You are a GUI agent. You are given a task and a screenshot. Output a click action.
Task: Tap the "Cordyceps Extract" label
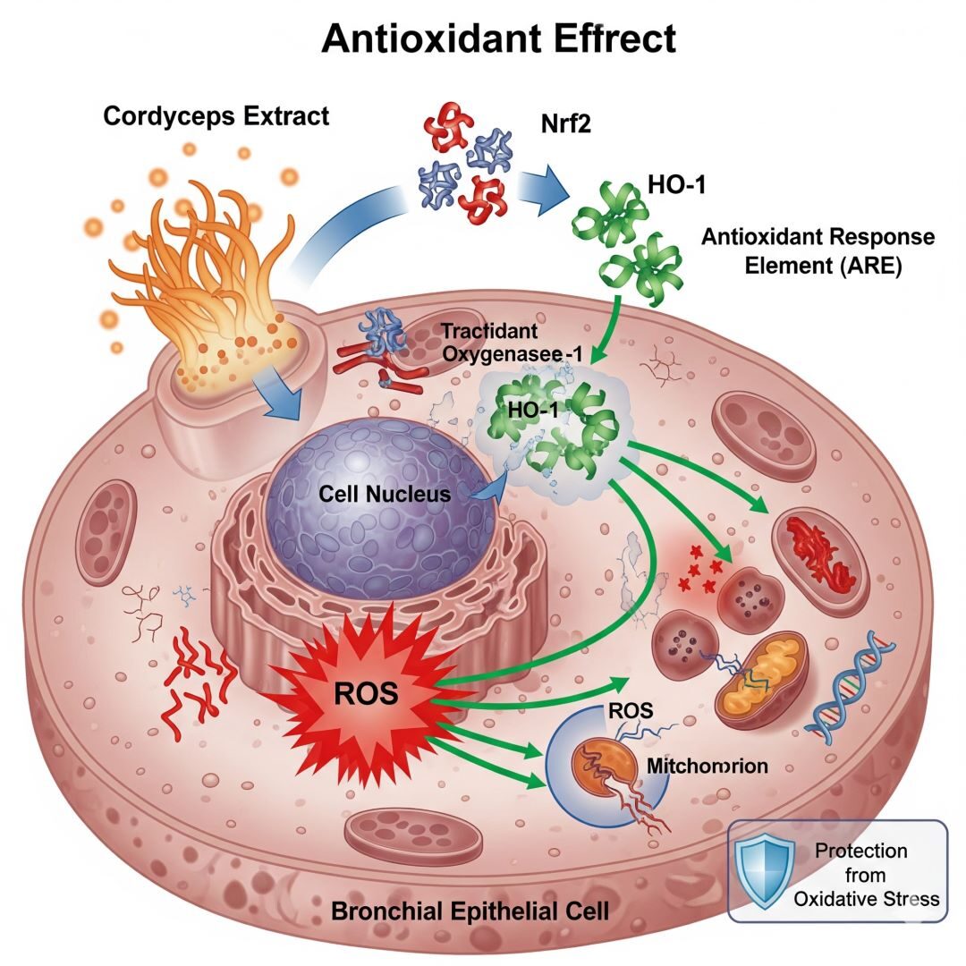pos(216,116)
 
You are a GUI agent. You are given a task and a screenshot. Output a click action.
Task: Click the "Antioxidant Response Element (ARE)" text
pos(818,251)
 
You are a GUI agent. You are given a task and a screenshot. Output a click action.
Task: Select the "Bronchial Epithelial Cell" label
pos(470,911)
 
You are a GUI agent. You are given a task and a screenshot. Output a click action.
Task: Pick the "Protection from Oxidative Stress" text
pos(866,874)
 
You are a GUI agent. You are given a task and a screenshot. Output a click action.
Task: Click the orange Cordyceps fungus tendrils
pos(215,268)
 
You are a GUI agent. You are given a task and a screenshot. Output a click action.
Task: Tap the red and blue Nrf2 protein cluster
pos(464,161)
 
